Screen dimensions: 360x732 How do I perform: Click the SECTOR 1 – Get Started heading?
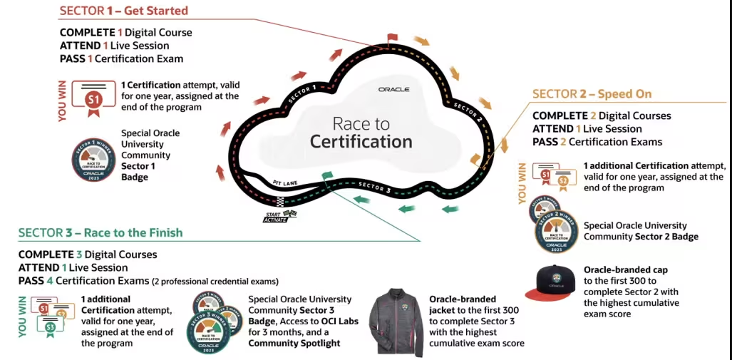pos(123,11)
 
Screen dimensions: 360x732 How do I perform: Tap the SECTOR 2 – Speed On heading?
pos(592,94)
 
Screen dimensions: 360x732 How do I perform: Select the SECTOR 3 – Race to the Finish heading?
pos(100,232)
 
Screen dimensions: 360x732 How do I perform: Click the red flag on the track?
pos(392,38)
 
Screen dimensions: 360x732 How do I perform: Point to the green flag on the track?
pos(326,176)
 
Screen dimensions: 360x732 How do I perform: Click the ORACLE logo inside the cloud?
pos(394,89)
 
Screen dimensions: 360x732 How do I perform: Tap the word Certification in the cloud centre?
pos(361,141)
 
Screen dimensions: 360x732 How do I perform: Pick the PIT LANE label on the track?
pos(285,182)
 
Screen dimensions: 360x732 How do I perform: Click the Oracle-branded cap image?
pos(553,283)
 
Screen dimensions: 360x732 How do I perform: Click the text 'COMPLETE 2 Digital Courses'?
pos(602,115)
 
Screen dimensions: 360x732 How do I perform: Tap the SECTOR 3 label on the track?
pos(374,187)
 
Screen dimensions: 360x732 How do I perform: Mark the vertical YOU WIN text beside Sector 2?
pos(522,183)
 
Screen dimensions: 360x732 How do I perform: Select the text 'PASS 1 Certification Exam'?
pos(121,58)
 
